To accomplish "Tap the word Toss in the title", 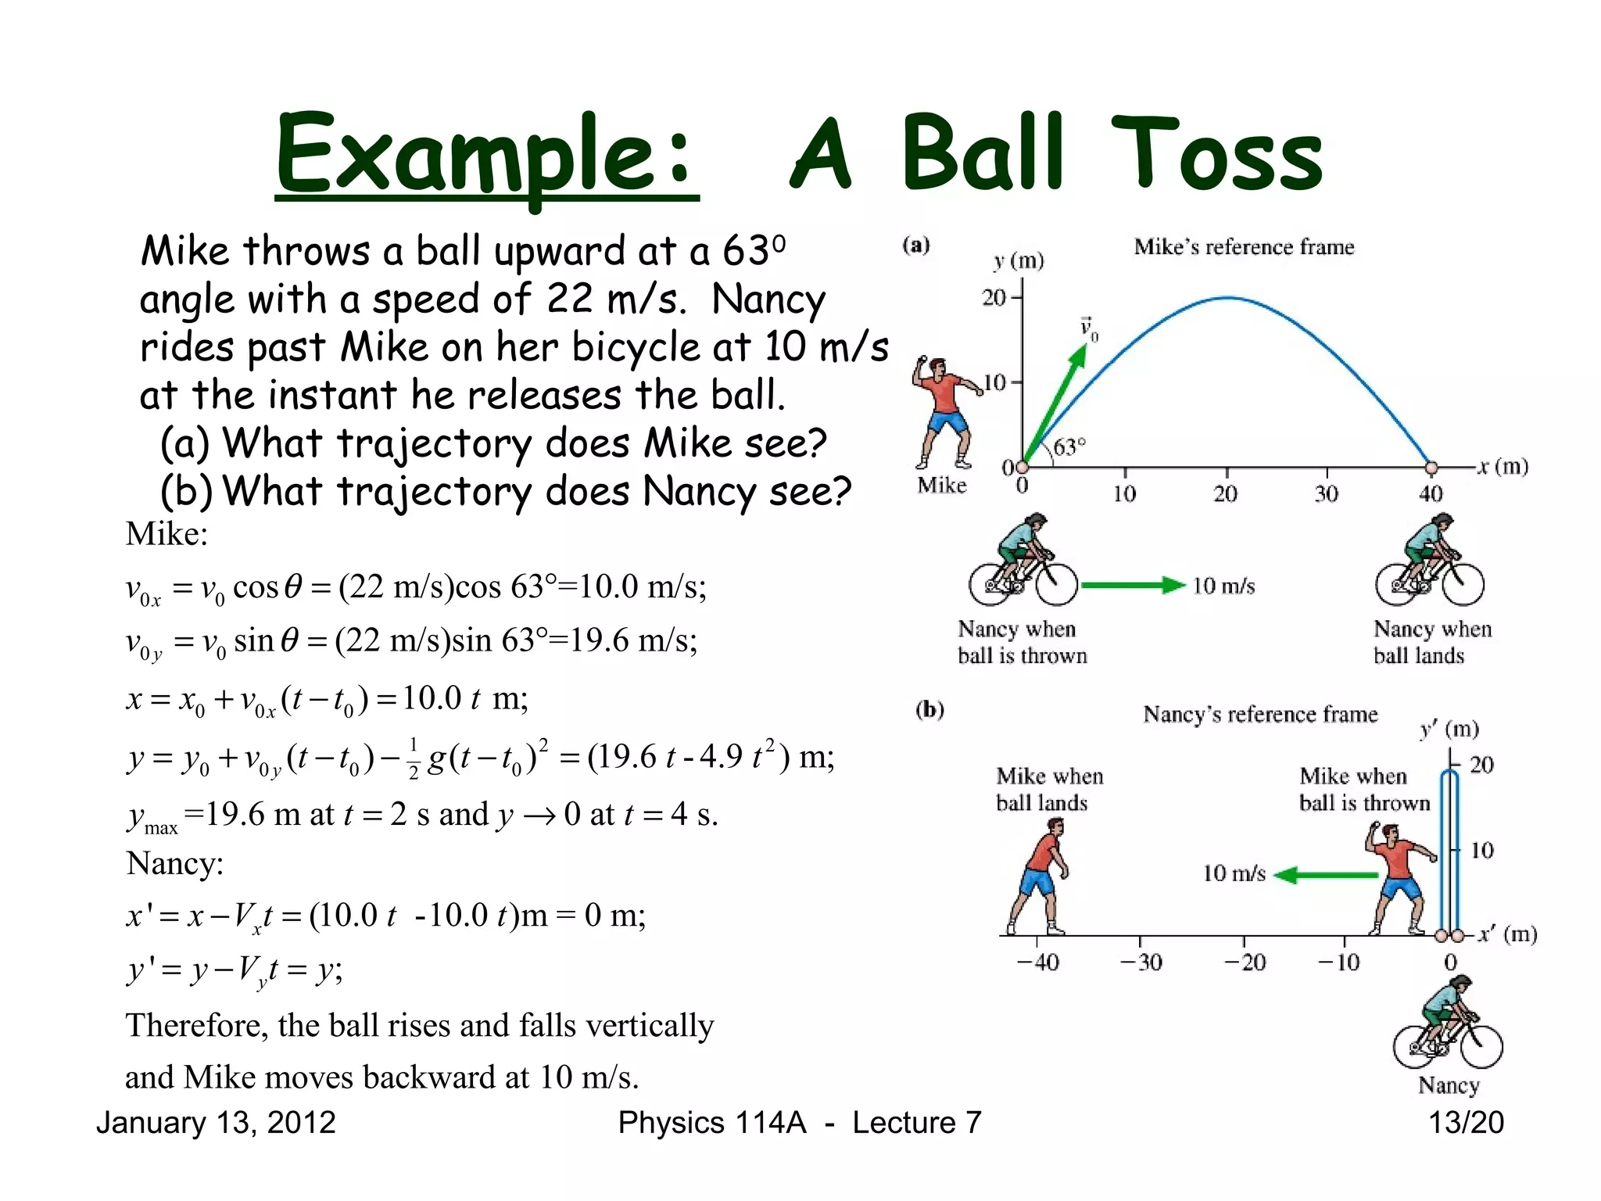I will tap(1216, 155).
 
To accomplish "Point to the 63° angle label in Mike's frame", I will tap(1069, 448).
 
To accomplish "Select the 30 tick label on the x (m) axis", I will tap(1326, 494).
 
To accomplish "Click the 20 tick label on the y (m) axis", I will tap(994, 298).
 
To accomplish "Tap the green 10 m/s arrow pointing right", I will tap(1133, 586).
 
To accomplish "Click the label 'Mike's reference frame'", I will tap(1244, 247).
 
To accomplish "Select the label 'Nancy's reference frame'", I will tap(1260, 715).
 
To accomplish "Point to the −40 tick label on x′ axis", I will tap(1038, 963).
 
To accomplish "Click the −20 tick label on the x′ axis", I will tap(1245, 963).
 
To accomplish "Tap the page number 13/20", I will tap(1466, 1123).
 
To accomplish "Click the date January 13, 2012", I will tap(216, 1123).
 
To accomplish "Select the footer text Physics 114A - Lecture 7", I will tap(799, 1123).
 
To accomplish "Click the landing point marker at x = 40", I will tap(1431, 468).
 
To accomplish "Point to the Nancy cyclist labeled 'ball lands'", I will tap(1430, 561).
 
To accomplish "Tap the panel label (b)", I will tap(929, 710).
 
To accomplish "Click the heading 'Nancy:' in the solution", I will tap(175, 864).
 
